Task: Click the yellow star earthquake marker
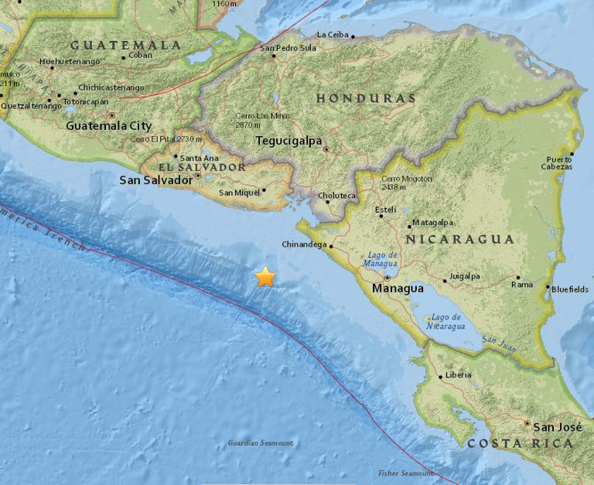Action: pos(265,277)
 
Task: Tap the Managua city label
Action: pos(398,289)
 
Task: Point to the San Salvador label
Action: pos(155,180)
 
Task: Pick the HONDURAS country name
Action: pos(366,98)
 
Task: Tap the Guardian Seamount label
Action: pos(261,443)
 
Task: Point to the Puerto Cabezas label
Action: pos(558,163)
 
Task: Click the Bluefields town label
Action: pos(570,289)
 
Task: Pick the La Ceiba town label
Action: pos(333,35)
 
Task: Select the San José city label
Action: pos(556,425)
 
